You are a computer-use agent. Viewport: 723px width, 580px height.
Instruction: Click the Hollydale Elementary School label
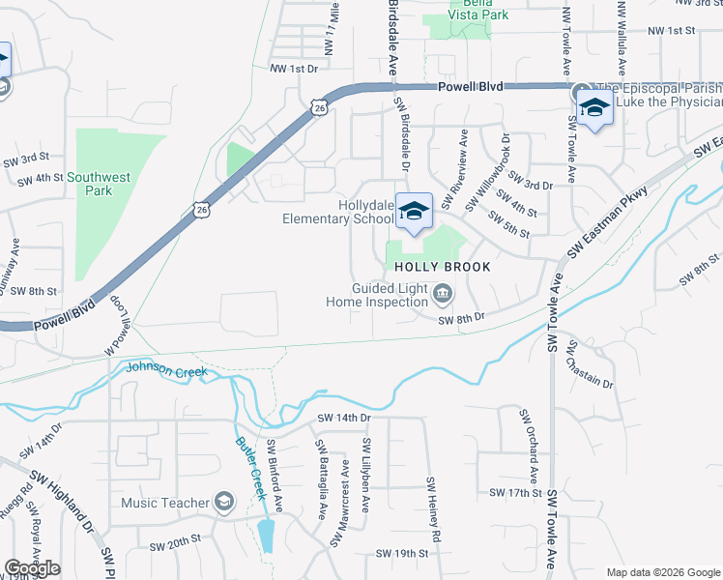(337, 212)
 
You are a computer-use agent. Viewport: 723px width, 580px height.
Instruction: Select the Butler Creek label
(249, 468)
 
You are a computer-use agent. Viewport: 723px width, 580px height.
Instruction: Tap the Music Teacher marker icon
(224, 502)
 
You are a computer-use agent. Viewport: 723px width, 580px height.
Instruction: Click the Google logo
(32, 568)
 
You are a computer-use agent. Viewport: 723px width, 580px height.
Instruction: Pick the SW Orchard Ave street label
(528, 446)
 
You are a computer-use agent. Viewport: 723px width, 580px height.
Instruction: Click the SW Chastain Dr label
(592, 363)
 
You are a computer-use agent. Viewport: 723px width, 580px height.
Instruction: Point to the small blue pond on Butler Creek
(266, 535)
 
